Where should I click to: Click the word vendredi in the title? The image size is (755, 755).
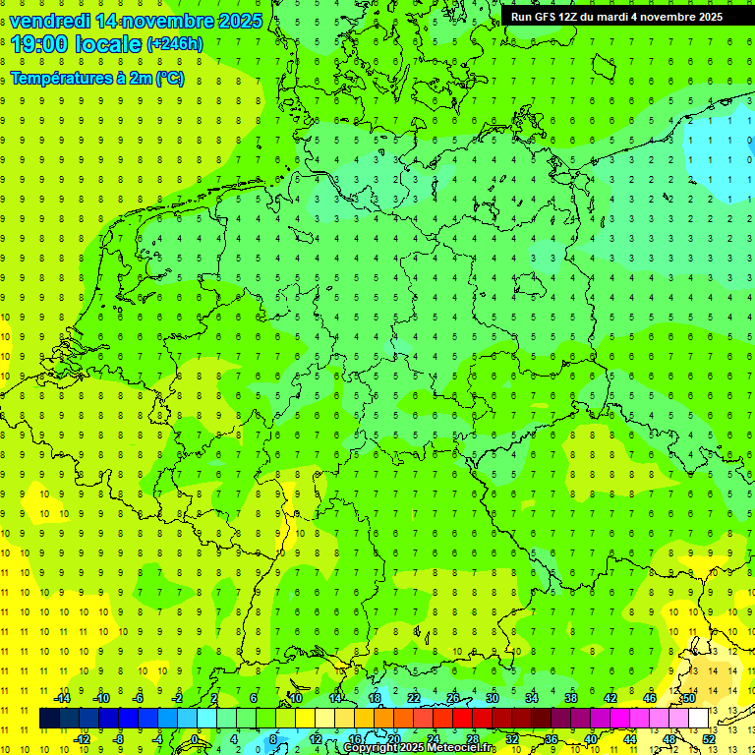click(x=50, y=21)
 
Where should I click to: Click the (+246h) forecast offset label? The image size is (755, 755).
click(x=175, y=44)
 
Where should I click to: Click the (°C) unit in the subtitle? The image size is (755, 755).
click(x=169, y=79)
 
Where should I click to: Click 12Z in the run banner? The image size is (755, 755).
click(x=568, y=17)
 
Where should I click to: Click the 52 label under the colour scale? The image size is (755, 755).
click(x=709, y=739)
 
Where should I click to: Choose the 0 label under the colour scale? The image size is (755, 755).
click(x=196, y=739)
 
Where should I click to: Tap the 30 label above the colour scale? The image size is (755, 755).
click(x=492, y=698)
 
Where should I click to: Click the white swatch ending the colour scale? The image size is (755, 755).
click(x=699, y=719)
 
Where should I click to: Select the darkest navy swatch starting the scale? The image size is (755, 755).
click(x=49, y=719)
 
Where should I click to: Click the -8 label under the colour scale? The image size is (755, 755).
click(x=119, y=739)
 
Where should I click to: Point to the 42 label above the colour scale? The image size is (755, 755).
click(x=610, y=698)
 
